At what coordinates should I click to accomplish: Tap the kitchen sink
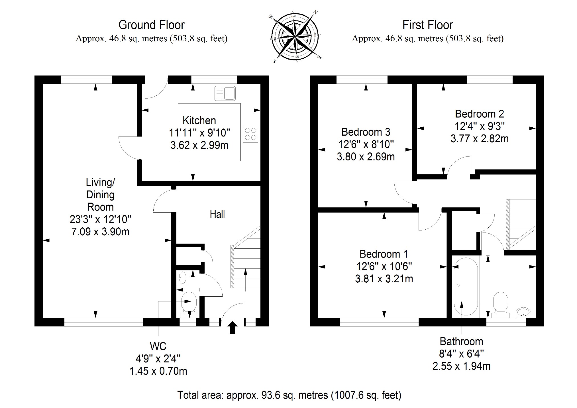[x=225, y=93]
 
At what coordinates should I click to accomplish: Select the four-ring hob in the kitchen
[x=250, y=134]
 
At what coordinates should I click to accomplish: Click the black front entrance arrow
[x=233, y=327]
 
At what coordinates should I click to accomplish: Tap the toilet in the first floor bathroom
[x=501, y=303]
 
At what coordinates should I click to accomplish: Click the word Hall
[x=217, y=214]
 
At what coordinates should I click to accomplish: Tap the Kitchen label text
[x=199, y=121]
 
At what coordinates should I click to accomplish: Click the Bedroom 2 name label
[x=479, y=114]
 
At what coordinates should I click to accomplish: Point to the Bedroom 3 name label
[x=366, y=132]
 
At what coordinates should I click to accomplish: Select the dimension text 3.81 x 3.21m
[x=384, y=279]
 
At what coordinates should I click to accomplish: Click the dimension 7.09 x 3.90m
[x=100, y=232]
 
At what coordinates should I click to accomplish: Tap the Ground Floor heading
[x=151, y=25]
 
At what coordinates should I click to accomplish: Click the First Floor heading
[x=427, y=25]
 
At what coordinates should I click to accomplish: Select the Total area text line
[x=289, y=395]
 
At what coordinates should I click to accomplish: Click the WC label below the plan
[x=158, y=346]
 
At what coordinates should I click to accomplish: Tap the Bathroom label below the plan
[x=461, y=341]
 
